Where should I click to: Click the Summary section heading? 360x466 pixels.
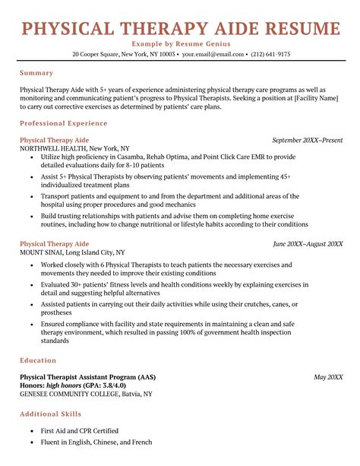[x=36, y=73]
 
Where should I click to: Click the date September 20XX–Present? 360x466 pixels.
[x=307, y=140]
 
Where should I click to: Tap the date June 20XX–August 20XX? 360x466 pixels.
[x=308, y=244]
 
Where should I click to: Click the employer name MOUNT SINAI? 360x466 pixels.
[x=42, y=252]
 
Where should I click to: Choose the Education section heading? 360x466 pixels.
[x=39, y=360]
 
